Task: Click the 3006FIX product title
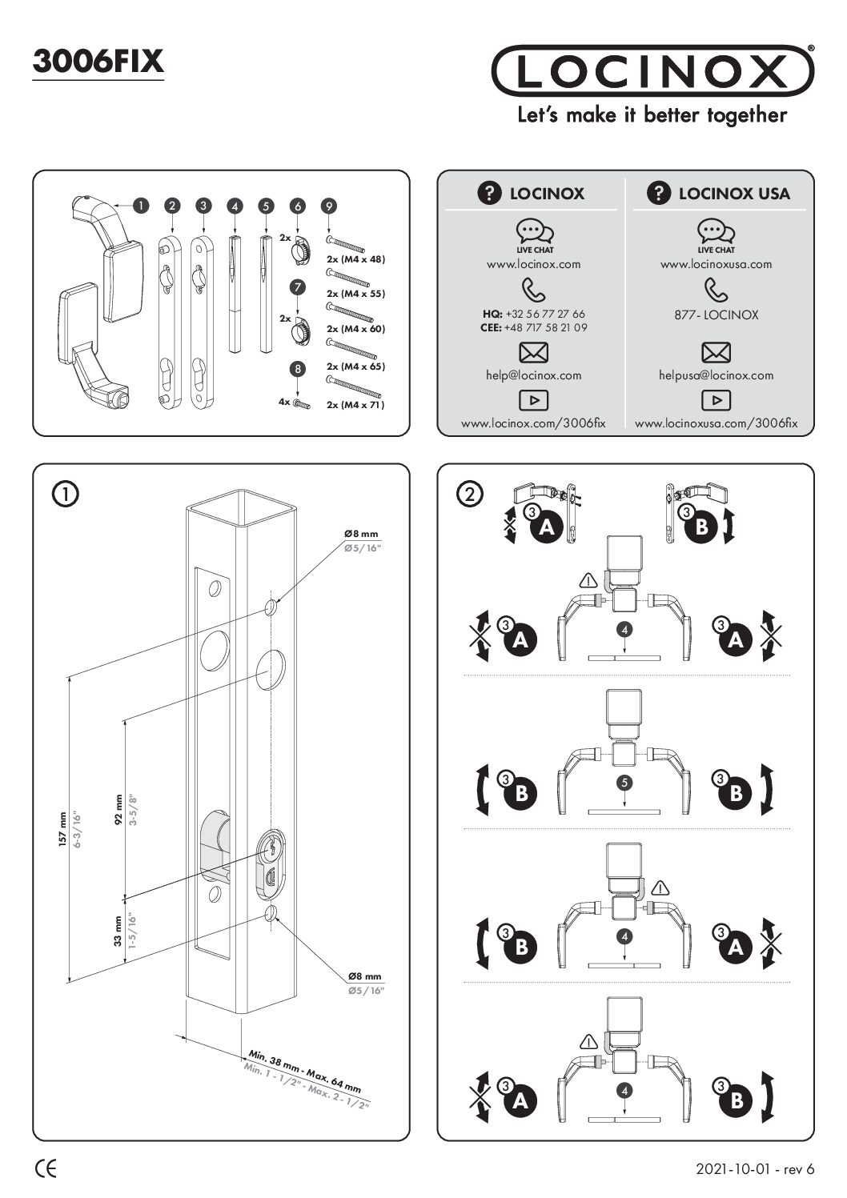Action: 98,62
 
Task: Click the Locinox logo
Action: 652,71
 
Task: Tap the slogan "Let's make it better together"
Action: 652,115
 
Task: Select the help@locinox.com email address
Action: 534,375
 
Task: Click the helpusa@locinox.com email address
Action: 716,375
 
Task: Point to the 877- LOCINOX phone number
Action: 716,315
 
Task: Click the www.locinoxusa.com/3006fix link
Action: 716,424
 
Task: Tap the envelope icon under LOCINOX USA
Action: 716,352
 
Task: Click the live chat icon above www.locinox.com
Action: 534,232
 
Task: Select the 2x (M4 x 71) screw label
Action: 355,405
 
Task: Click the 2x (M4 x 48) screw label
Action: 355,259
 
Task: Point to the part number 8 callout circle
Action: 298,369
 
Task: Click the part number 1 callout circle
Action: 141,206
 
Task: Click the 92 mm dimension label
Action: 118,809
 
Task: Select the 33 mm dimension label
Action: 118,932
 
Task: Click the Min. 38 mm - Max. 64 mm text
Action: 304,1072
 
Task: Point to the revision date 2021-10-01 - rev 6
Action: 755,1169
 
